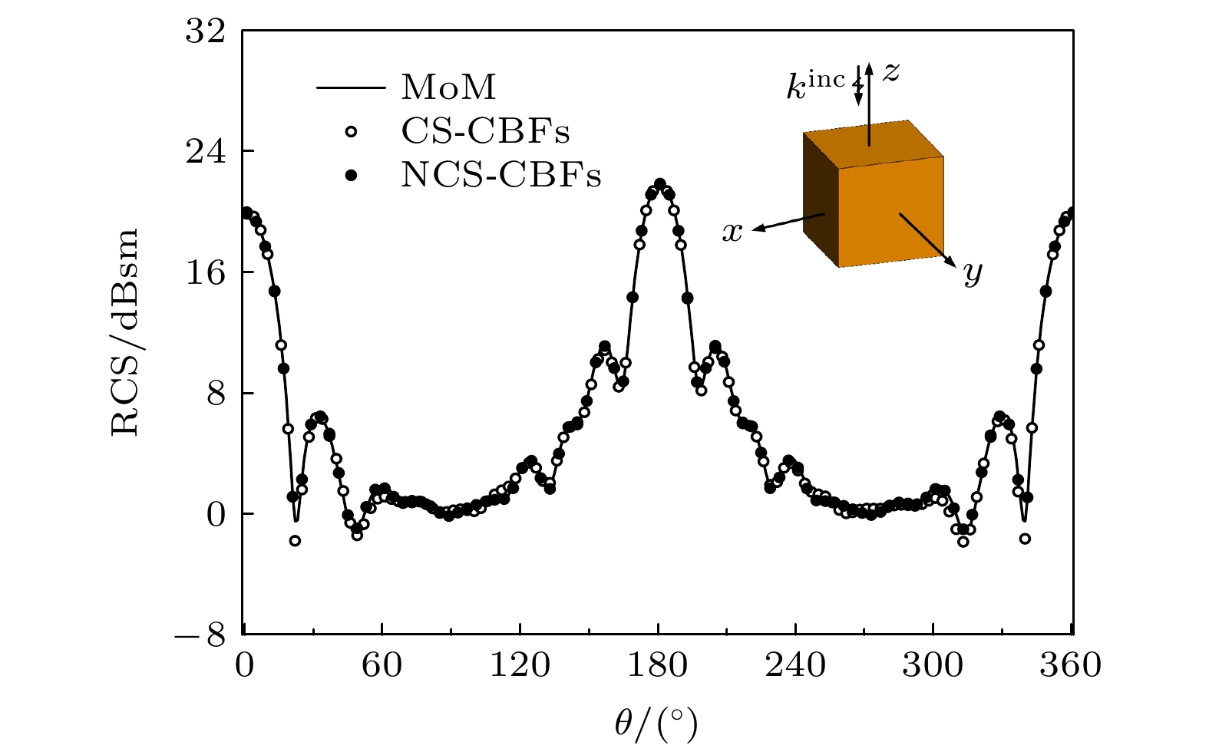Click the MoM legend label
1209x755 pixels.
pos(449,87)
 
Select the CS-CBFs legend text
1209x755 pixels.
pos(485,132)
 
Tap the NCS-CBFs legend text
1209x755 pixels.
pos(500,176)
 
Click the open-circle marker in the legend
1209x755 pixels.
pos(351,132)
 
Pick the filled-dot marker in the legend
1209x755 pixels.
pos(351,176)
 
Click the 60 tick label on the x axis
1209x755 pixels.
pos(382,665)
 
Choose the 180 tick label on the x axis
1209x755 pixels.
pos(658,665)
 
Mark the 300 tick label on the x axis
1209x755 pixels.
pos(933,665)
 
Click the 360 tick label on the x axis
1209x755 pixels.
pos(1070,665)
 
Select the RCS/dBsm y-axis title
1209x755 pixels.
pos(125,332)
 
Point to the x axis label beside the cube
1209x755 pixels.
pos(733,232)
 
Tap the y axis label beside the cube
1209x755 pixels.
pos(973,272)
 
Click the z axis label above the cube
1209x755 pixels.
pos(890,71)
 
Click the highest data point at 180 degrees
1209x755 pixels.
pos(659,184)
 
